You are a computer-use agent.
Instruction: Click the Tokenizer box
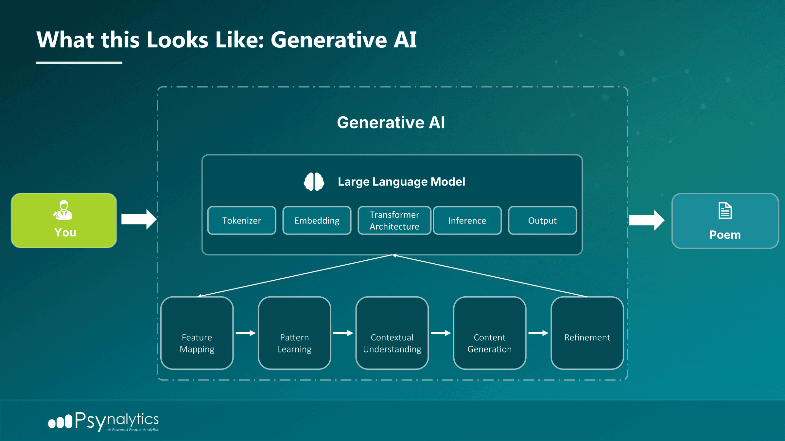point(242,220)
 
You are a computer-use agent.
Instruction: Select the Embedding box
point(317,220)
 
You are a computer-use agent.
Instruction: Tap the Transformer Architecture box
point(394,220)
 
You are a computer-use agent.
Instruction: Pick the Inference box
point(467,220)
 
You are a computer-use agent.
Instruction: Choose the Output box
point(542,220)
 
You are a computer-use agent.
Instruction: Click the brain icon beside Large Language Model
point(314,182)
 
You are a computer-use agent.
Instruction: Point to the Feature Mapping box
point(197,333)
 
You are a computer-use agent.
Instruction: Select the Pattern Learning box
point(294,333)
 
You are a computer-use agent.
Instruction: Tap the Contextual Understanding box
point(392,333)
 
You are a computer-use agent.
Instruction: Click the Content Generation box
point(490,333)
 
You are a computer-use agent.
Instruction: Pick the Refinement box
point(587,333)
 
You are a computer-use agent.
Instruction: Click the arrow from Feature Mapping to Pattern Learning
point(246,333)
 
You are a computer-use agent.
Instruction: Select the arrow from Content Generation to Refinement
point(538,333)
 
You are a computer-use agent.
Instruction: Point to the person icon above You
point(63,210)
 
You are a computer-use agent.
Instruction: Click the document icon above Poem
point(725,211)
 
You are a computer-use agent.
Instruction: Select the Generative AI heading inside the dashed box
point(391,123)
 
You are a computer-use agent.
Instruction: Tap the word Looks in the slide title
point(178,40)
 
